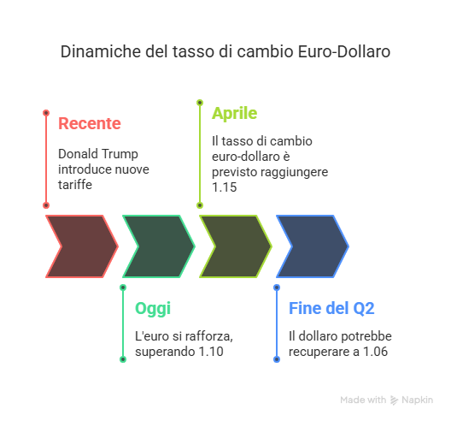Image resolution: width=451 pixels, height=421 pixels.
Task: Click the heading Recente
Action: (x=90, y=123)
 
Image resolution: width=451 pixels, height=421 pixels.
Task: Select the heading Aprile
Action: (x=234, y=114)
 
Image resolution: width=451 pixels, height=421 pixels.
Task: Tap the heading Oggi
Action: (x=153, y=309)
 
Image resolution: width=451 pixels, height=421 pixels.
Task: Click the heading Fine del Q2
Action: (x=331, y=308)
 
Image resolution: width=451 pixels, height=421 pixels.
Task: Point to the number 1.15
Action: (x=225, y=187)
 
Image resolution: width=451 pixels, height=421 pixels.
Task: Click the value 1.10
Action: (x=211, y=352)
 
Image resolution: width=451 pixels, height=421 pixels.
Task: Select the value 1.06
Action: (x=375, y=352)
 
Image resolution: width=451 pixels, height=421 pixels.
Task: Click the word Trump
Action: (x=120, y=154)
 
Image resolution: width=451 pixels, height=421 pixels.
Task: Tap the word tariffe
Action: (x=75, y=185)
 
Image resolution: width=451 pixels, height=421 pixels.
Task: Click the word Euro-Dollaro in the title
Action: (x=344, y=51)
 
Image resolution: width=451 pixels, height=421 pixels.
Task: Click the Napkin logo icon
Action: (x=394, y=400)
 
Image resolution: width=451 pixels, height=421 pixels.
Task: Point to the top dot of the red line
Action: (x=46, y=113)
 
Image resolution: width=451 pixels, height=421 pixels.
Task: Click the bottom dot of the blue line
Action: (x=277, y=359)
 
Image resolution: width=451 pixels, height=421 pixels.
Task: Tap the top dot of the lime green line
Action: (x=200, y=103)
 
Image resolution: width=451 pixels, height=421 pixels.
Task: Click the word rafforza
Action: (x=208, y=336)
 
